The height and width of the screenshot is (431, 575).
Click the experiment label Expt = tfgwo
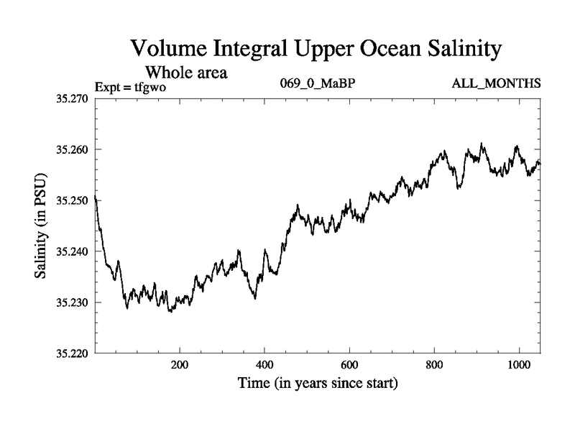[x=129, y=85]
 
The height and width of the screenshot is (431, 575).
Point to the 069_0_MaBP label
[x=317, y=84]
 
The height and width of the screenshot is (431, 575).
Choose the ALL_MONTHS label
[x=496, y=84]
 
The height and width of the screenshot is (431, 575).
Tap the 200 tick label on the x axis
[x=180, y=365]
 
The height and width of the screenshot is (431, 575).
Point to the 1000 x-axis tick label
[x=519, y=365]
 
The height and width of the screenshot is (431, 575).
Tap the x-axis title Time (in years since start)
[x=318, y=384]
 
